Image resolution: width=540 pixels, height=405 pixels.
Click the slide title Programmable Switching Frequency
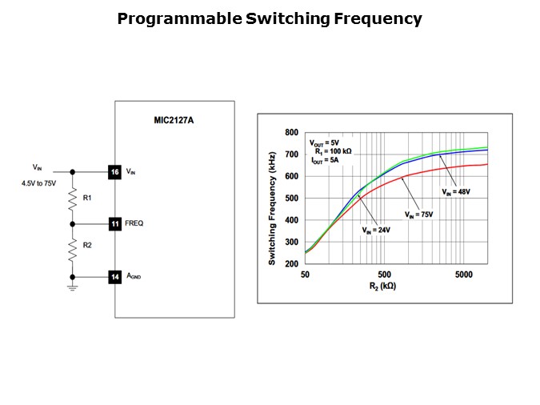click(x=270, y=18)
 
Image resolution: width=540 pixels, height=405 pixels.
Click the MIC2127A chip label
click(x=175, y=121)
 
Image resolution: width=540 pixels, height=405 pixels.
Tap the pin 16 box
click(x=114, y=171)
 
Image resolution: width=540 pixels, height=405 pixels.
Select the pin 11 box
click(x=114, y=223)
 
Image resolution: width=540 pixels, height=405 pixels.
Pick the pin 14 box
click(x=114, y=276)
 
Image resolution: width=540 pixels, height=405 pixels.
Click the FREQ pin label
click(x=134, y=223)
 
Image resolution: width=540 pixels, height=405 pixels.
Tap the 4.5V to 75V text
click(x=39, y=183)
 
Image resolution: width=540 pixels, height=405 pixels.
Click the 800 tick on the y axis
click(x=291, y=132)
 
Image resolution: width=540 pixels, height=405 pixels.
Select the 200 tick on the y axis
click(x=291, y=263)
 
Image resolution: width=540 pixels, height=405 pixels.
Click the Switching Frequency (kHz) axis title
click(x=272, y=197)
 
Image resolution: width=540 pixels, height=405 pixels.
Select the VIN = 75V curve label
click(x=418, y=214)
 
